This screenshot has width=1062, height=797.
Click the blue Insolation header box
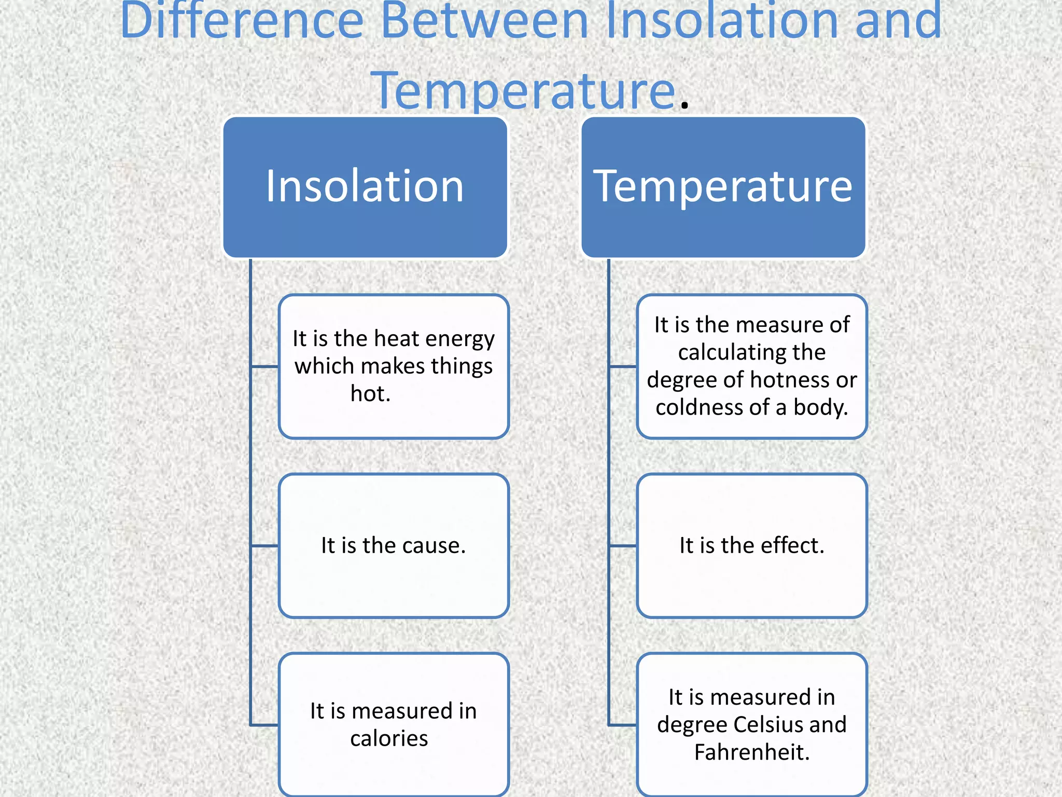(x=365, y=187)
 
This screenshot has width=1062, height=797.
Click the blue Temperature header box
(x=723, y=187)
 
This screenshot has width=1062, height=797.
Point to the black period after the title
(x=684, y=105)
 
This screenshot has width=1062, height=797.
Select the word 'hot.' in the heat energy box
(x=370, y=394)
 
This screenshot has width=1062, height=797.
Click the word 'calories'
(x=389, y=738)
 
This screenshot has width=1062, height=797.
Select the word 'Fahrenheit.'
(x=752, y=752)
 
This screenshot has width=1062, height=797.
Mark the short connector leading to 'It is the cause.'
(x=264, y=546)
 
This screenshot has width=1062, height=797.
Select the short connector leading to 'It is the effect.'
(x=623, y=546)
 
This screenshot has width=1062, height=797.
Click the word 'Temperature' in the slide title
(x=524, y=91)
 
